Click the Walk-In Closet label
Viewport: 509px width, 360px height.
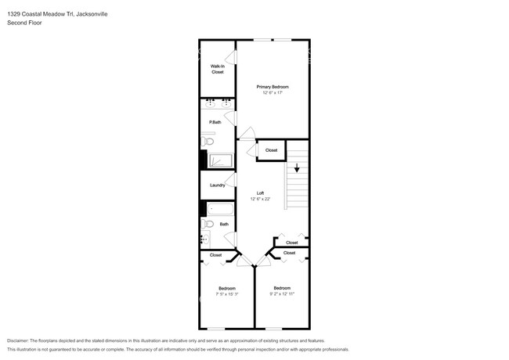tap(217, 69)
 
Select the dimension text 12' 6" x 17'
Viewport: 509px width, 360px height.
tap(273, 92)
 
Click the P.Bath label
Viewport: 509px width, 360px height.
tap(215, 122)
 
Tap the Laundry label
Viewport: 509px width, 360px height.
tap(217, 185)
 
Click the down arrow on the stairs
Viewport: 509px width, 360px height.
tap(297, 167)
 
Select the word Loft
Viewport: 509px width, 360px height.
tap(259, 193)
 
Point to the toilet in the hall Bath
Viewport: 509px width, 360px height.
tap(207, 225)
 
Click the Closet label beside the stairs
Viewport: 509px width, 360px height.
tap(271, 150)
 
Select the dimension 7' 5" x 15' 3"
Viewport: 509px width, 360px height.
tap(227, 294)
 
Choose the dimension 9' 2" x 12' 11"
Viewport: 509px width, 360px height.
tap(282, 293)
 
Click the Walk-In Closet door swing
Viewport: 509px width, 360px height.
tap(231, 59)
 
